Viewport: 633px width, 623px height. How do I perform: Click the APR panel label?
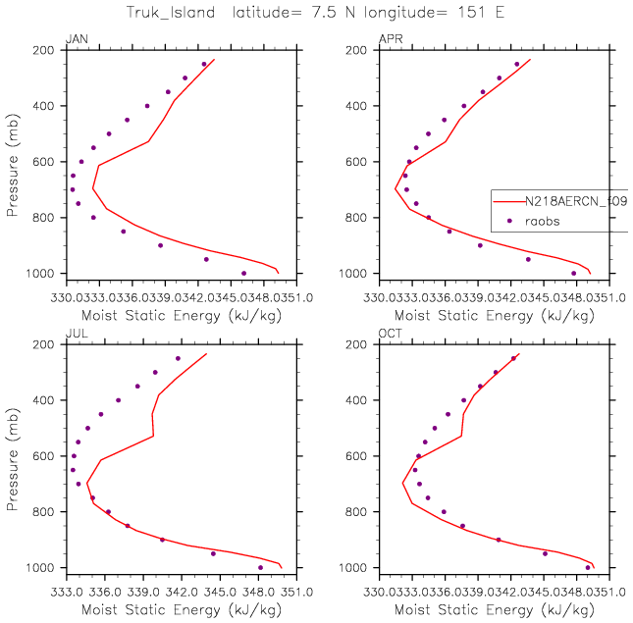[x=390, y=39]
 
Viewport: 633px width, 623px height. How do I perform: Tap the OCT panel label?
[x=390, y=335]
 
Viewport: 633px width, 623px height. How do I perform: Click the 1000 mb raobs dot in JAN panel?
[x=244, y=273]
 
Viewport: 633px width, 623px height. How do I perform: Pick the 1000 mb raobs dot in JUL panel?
[x=260, y=567]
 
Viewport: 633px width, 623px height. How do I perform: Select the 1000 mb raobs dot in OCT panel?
[x=588, y=567]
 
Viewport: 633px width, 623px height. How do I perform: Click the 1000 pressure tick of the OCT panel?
[x=361, y=568]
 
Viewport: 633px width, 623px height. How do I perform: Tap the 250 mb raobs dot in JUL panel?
[x=178, y=358]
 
